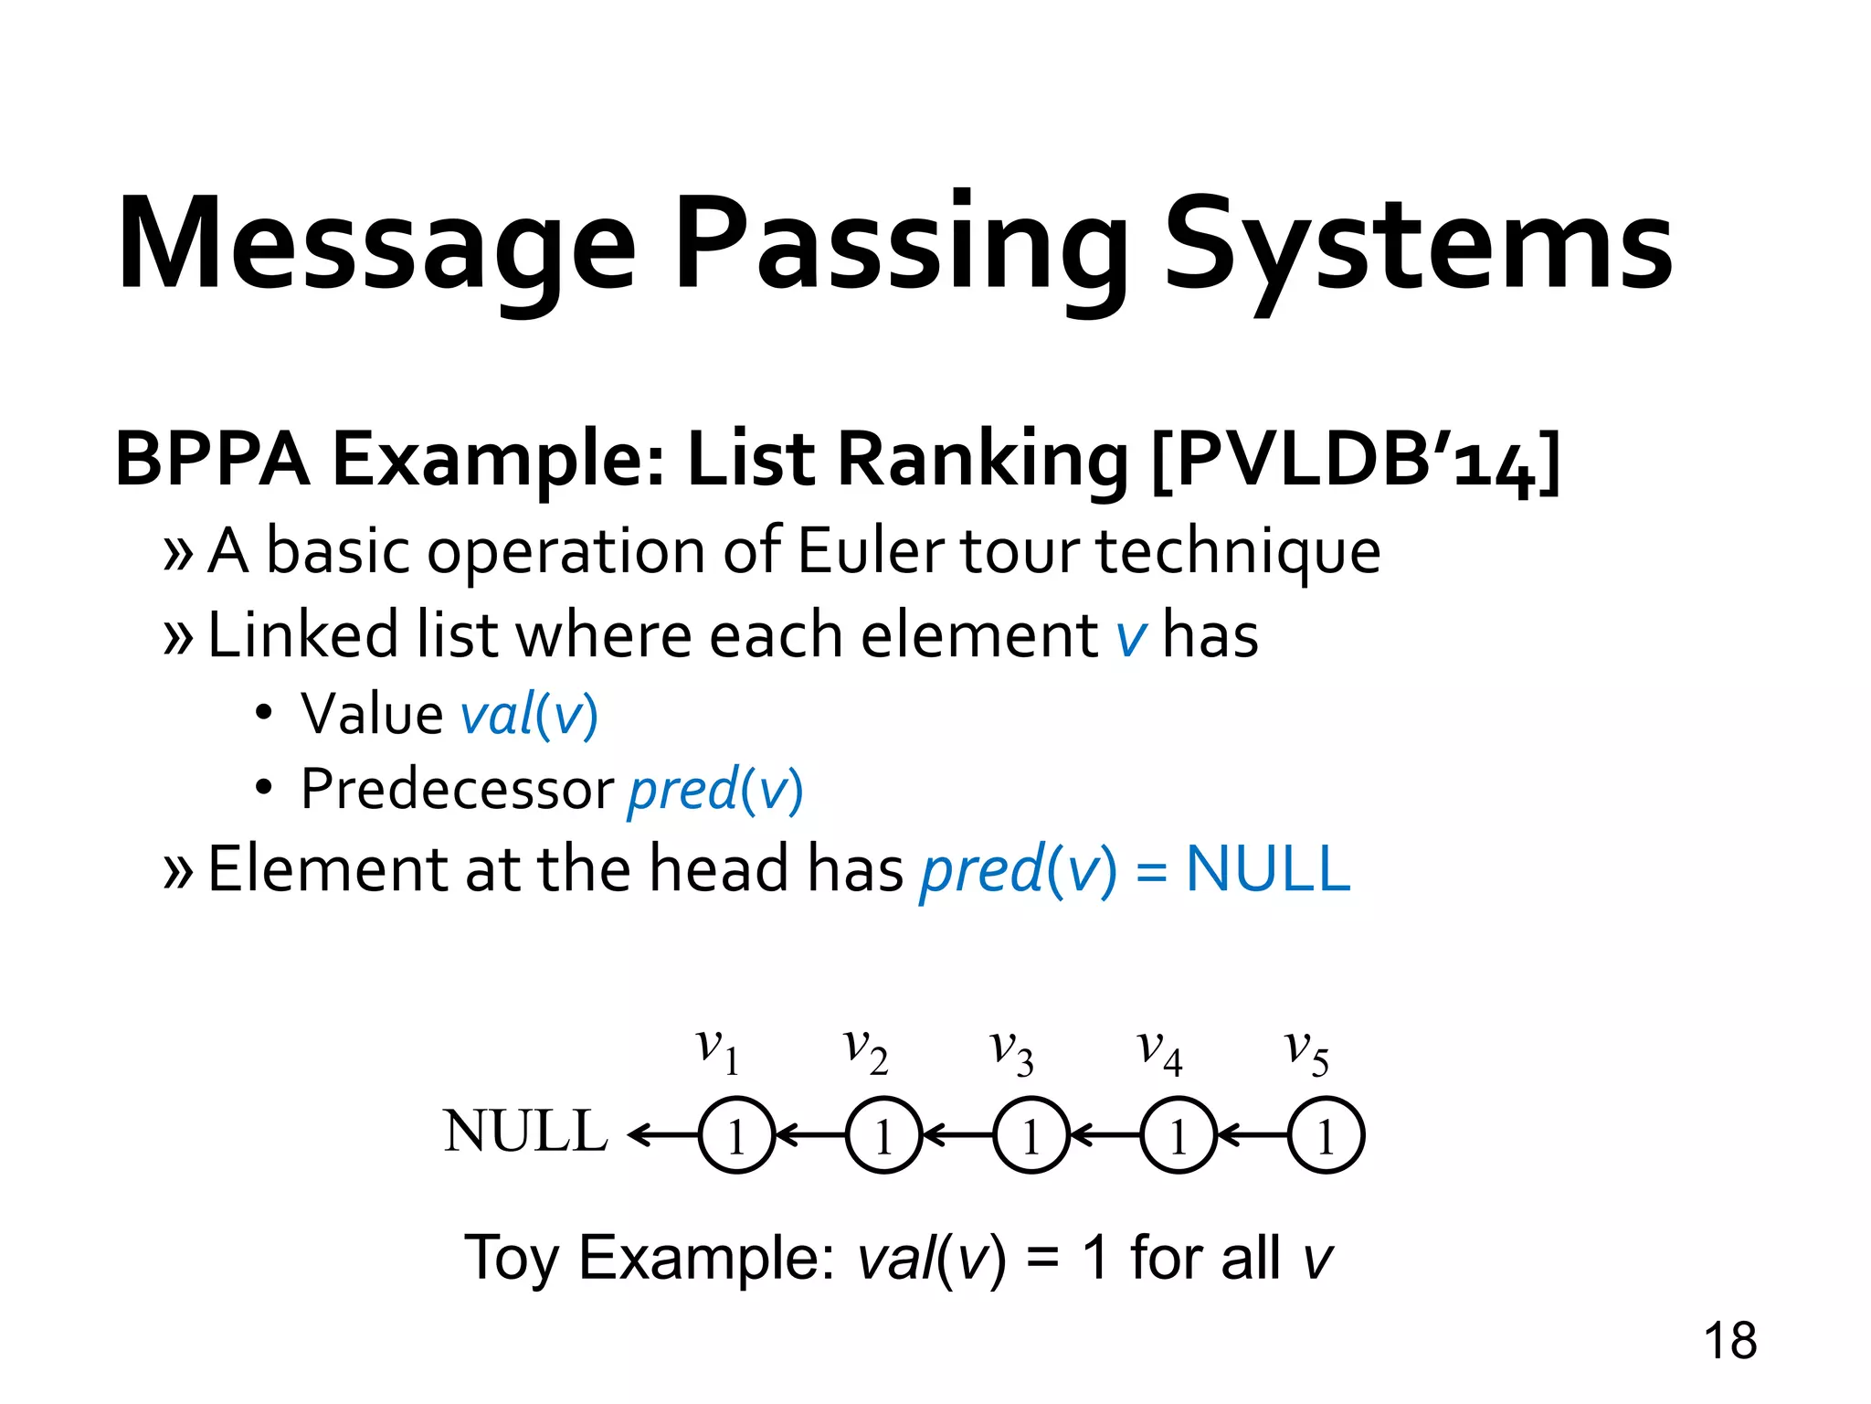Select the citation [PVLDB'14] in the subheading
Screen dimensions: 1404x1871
tap(1356, 460)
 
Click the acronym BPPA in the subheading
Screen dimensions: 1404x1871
tap(212, 460)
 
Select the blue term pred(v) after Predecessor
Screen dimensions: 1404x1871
tap(715, 789)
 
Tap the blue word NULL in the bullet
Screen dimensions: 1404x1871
tap(1267, 868)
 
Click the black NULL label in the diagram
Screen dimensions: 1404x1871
tap(525, 1132)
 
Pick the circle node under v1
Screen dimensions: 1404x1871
tap(736, 1135)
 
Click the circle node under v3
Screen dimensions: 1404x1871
tap(1031, 1135)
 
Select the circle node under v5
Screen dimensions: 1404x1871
tap(1326, 1135)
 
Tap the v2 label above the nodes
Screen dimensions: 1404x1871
tap(864, 1050)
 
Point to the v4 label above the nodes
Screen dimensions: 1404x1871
tap(1159, 1050)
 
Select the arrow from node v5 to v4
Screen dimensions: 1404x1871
tap(1253, 1135)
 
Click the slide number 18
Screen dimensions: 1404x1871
tap(1729, 1341)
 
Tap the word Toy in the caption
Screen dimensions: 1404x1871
tap(511, 1259)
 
